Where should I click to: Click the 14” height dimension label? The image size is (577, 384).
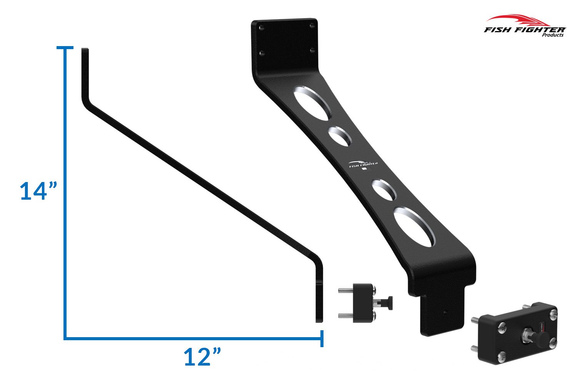click(38, 191)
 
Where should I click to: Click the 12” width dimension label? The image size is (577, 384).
click(202, 357)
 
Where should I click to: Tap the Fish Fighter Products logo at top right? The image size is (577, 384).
click(525, 26)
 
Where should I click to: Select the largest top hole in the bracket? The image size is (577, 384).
click(313, 103)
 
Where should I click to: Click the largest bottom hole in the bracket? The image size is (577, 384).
click(415, 227)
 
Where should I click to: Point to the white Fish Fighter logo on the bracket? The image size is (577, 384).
click(363, 164)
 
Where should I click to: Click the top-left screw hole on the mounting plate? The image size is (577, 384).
click(262, 28)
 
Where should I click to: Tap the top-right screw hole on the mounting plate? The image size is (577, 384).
click(312, 25)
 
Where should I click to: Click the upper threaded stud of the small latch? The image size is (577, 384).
click(346, 291)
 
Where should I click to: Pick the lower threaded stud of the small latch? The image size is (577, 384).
click(346, 316)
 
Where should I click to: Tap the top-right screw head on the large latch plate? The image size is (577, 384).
click(552, 314)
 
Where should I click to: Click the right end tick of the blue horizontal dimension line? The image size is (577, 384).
click(322, 338)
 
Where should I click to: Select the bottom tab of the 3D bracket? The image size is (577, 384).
click(442, 313)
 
